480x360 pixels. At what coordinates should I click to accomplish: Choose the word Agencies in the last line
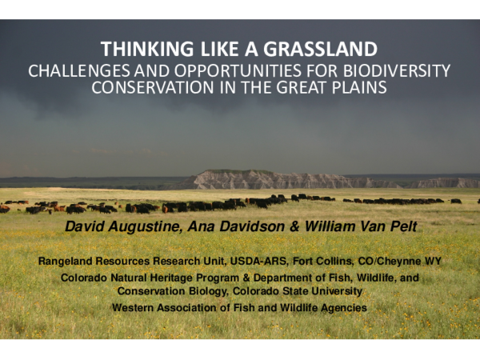click(x=342, y=307)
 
